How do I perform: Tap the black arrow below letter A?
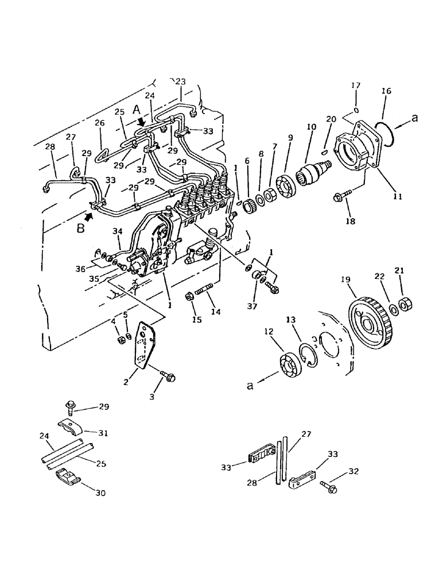tap(141, 122)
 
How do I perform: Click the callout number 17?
tap(355, 86)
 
